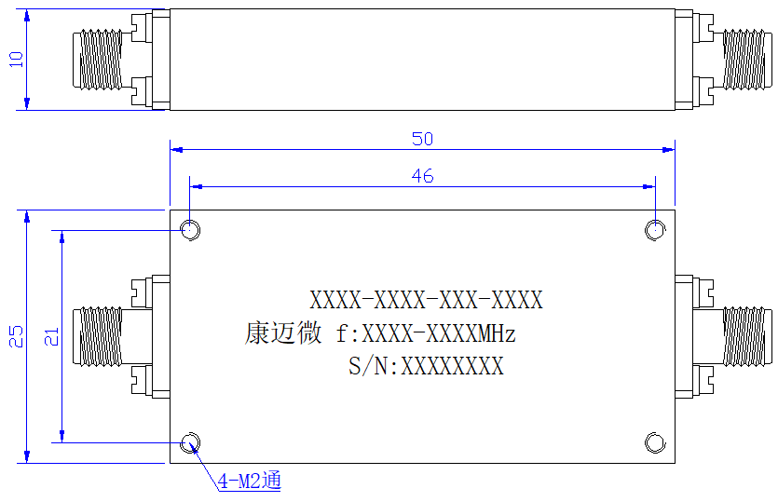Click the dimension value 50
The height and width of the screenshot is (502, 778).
coord(422,139)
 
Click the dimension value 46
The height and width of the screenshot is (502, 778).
coord(422,176)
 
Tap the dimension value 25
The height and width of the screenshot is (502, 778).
coord(16,336)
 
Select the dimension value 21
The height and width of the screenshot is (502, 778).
coord(51,336)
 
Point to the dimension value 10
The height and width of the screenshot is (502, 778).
coord(16,60)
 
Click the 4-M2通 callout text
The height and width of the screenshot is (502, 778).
coord(249,481)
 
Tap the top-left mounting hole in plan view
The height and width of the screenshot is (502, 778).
coord(190,230)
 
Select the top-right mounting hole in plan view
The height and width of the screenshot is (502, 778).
coord(655,230)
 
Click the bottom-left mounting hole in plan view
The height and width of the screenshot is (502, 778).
coord(190,443)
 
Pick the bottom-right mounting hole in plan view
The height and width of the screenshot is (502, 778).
coord(655,443)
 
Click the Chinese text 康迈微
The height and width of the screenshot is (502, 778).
coord(283,332)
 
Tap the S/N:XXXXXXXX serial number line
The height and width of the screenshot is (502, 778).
coord(426,366)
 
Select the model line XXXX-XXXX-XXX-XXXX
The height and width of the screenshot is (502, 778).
coord(426,300)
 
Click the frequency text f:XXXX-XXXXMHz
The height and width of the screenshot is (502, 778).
coord(426,333)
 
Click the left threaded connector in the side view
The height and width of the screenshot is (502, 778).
coord(97,60)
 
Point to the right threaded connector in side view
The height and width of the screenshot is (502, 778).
coord(747,60)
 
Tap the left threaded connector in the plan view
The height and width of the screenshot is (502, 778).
coord(97,337)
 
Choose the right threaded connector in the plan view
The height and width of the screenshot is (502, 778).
coord(747,337)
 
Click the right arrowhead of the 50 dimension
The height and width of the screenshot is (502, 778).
coord(669,149)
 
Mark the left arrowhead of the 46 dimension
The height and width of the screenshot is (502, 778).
coord(196,187)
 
